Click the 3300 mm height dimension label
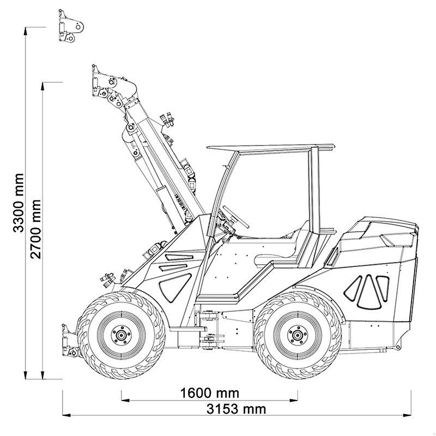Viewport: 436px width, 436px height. (19, 203)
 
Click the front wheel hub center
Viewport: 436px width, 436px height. (119, 333)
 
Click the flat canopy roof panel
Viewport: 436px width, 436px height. (270, 147)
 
